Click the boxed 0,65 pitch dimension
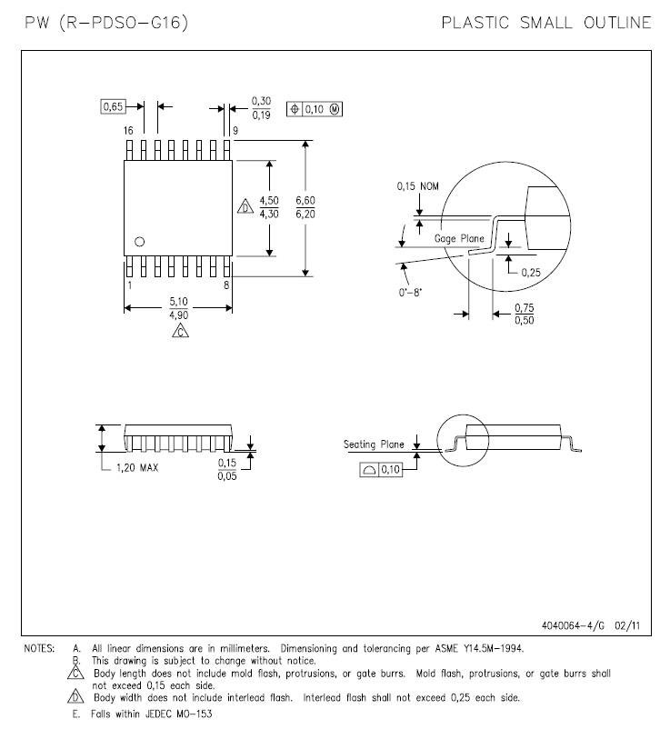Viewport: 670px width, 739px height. click(113, 106)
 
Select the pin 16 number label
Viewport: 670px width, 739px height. click(128, 131)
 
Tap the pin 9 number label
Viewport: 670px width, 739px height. click(235, 131)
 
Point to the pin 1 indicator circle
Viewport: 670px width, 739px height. click(140, 242)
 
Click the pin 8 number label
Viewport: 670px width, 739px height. click(226, 285)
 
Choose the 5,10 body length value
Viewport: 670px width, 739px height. click(179, 301)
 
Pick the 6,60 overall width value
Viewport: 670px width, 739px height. click(305, 200)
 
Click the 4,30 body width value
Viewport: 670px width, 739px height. click(269, 214)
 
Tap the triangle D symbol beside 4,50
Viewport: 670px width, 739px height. click(245, 207)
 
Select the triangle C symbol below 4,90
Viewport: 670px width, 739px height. click(180, 331)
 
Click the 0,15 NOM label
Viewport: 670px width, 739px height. click(418, 186)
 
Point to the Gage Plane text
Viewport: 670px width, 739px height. click(459, 238)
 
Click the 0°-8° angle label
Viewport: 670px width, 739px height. click(410, 292)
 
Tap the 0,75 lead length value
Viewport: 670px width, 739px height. click(525, 308)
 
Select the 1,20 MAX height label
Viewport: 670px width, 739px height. click(137, 467)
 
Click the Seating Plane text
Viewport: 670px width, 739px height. click(374, 444)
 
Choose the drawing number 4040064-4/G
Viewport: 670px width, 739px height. click(573, 625)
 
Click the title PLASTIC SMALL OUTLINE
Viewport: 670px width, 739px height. click(546, 23)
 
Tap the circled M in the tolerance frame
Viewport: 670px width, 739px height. click(334, 109)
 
